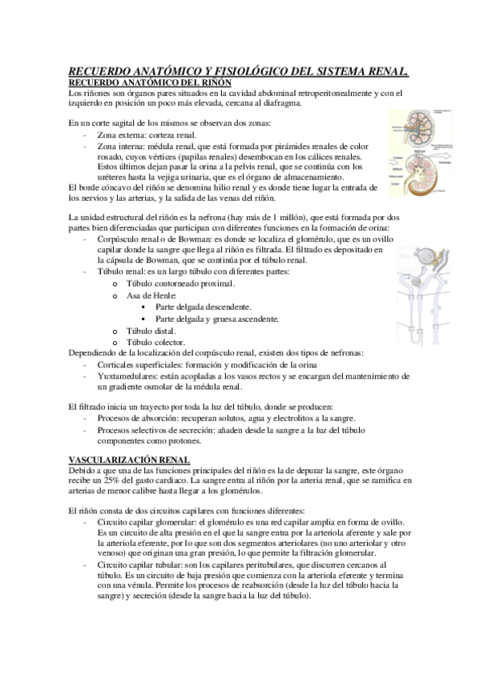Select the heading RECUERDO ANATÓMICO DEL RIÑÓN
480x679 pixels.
coord(151,82)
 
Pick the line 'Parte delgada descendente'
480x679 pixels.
coord(204,307)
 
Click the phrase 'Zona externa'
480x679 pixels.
coord(123,136)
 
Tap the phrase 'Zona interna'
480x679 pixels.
coord(123,147)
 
